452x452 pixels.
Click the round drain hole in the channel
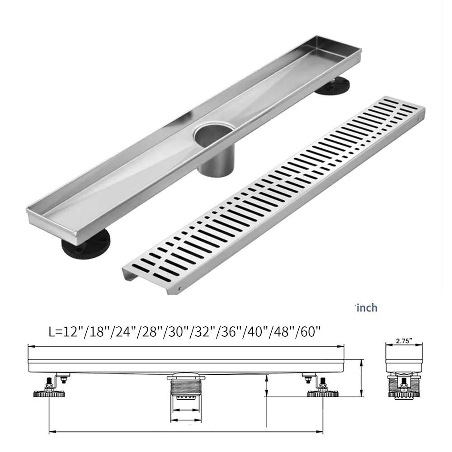point(213,134)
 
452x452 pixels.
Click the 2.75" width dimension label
point(404,340)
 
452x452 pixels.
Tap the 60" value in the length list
point(311,332)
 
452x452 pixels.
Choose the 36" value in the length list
point(231,332)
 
